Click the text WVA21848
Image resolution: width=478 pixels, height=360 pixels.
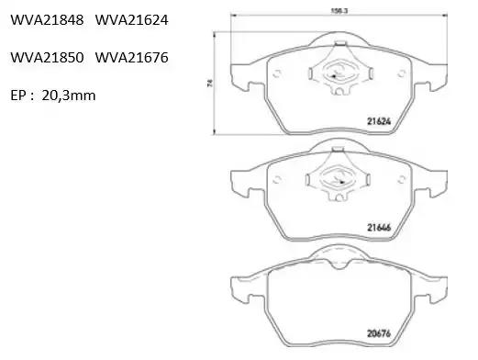click(x=47, y=20)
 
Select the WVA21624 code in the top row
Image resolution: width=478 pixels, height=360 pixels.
click(x=132, y=20)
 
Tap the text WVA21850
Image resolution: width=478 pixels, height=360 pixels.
click(x=47, y=58)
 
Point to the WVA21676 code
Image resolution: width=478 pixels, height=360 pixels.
click(x=132, y=58)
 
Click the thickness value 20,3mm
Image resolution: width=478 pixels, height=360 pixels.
click(x=69, y=96)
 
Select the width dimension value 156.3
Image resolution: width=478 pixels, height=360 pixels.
click(x=339, y=11)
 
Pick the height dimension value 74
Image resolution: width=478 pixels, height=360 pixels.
click(x=209, y=83)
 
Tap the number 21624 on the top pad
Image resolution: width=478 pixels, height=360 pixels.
click(x=379, y=121)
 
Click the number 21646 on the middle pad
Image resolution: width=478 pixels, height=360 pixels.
click(x=379, y=228)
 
